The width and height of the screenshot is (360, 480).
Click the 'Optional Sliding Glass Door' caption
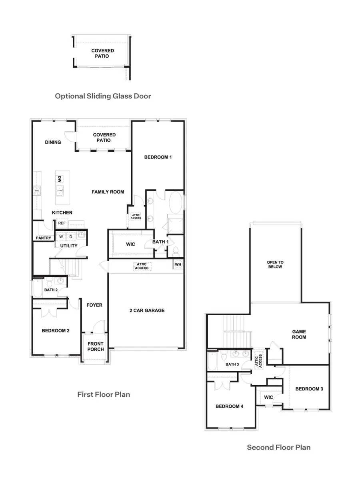pyautogui.click(x=103, y=96)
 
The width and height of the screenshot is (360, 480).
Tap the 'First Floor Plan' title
pyautogui.click(x=104, y=394)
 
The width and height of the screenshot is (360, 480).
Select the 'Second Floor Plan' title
pyautogui.click(x=278, y=447)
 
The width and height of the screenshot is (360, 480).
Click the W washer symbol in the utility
pyautogui.click(x=61, y=236)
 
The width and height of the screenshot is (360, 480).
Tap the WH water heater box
pyautogui.click(x=178, y=264)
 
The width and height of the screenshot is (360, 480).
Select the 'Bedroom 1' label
pyautogui.click(x=158, y=157)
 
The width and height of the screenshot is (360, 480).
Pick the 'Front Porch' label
pyautogui.click(x=96, y=346)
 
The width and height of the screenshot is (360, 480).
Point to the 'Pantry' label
pyautogui.click(x=43, y=238)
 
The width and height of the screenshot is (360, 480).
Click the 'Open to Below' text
pyautogui.click(x=275, y=264)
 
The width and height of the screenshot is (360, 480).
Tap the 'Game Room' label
pyautogui.click(x=299, y=334)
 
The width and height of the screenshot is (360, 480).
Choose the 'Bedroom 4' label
pyautogui.click(x=229, y=406)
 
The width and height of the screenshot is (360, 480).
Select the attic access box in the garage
pyautogui.click(x=142, y=266)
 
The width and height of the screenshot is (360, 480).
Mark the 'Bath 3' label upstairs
pyautogui.click(x=232, y=364)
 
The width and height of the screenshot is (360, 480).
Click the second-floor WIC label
pyautogui.click(x=268, y=397)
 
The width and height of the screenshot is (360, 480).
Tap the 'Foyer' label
pyautogui.click(x=94, y=305)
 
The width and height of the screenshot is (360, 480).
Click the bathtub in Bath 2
pyautogui.click(x=37, y=288)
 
